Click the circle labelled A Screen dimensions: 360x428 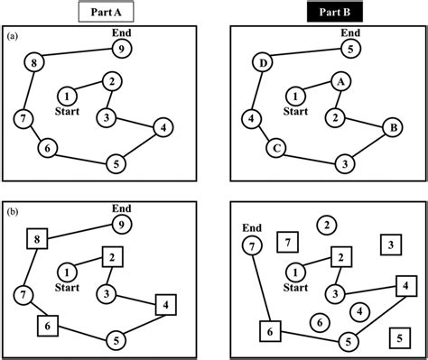point(340,81)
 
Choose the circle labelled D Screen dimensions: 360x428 point(264,64)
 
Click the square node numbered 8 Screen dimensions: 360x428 point(36,239)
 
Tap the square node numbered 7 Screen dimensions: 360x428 point(286,242)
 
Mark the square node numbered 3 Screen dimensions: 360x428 point(389,244)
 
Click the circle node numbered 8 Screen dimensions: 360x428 point(34,63)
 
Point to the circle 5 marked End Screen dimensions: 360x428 point(353,49)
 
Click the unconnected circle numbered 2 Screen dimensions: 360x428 point(328,226)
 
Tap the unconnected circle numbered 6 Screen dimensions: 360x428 point(317,322)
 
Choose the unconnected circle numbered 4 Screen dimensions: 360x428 point(359,311)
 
